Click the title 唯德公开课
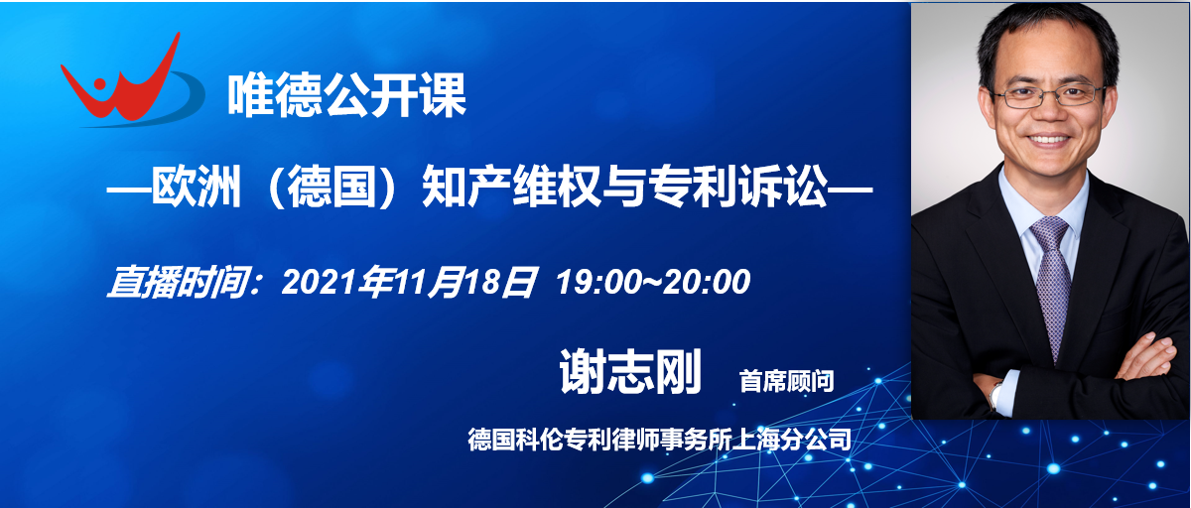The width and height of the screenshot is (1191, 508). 347,95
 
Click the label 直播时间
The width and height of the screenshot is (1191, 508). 179,282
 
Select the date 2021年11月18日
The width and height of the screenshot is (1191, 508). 408,282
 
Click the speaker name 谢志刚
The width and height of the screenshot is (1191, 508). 630,372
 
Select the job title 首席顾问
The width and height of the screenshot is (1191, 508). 786,381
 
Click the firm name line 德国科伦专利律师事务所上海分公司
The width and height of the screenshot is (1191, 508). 659,440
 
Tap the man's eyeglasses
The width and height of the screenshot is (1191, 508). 1047,96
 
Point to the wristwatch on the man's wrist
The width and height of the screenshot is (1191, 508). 995,396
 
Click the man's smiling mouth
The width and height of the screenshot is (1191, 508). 1048,140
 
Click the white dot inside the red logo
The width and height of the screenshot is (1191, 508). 99,85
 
